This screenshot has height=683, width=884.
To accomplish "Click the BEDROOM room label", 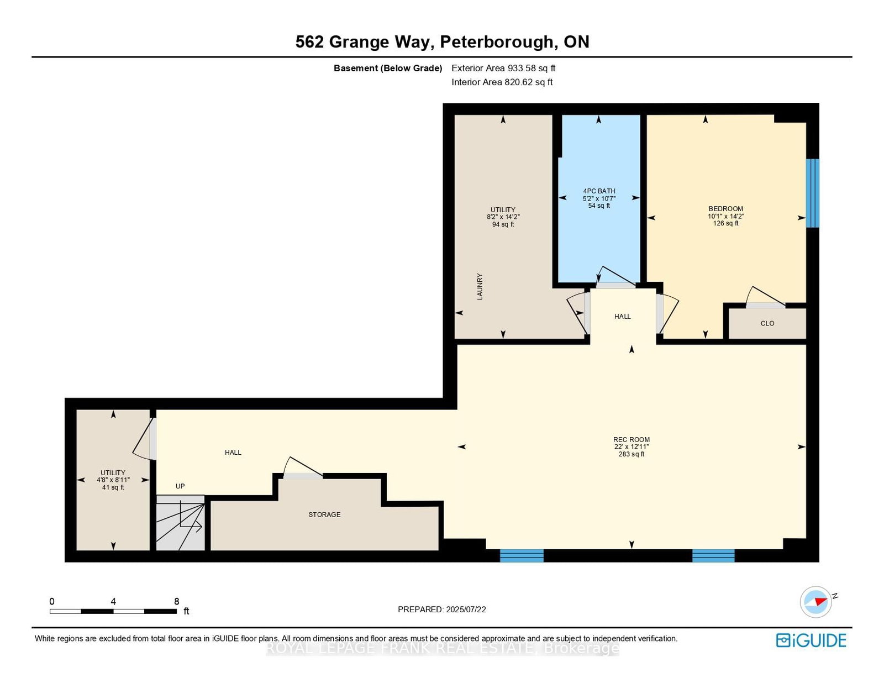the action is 725,209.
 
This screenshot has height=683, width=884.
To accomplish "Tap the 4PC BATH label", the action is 599,191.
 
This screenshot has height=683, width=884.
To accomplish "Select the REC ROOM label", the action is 632,439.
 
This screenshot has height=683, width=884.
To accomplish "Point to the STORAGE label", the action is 324,514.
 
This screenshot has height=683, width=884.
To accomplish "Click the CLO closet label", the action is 767,323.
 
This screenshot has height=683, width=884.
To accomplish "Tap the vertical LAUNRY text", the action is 480,286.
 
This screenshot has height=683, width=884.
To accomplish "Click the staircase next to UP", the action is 180,523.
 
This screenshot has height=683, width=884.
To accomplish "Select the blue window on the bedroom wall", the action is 812,193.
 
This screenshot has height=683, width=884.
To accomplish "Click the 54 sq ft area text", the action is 599,206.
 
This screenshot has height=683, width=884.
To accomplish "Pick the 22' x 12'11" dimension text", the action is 632,446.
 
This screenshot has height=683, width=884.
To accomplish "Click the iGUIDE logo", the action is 811,640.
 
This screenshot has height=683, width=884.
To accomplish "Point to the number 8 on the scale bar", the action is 177,601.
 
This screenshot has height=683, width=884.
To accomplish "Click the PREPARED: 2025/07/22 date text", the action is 442,610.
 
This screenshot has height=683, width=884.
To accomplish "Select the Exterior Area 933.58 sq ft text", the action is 503,68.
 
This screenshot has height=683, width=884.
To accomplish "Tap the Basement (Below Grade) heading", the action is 388,68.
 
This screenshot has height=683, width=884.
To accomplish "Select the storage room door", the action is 303,467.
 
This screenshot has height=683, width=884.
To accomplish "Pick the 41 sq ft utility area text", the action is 113,487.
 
